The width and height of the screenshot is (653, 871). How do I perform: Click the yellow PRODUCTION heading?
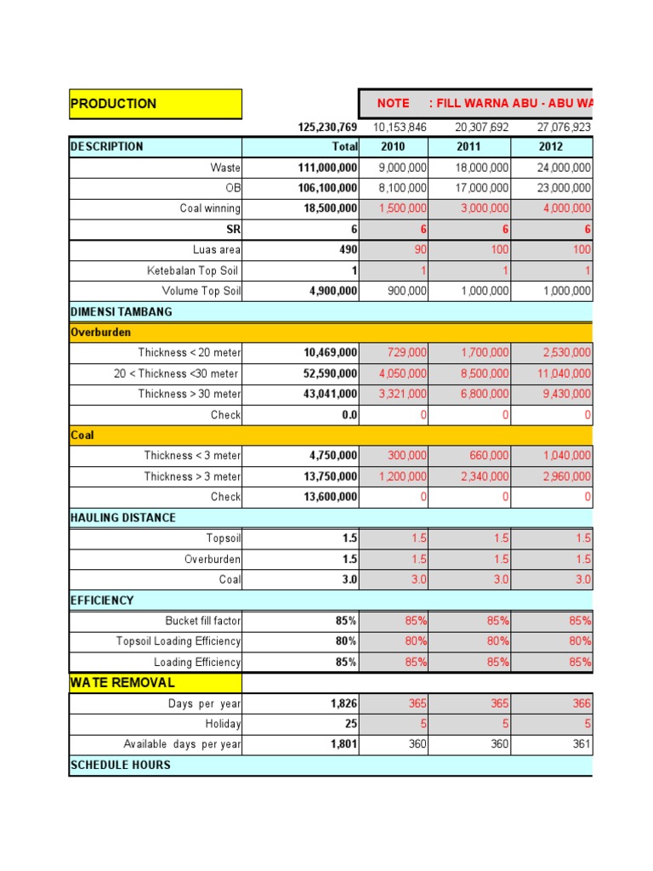click(114, 104)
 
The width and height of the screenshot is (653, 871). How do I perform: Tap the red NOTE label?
click(393, 103)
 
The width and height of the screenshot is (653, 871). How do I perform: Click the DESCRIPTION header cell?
click(107, 146)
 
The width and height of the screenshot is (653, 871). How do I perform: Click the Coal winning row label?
click(210, 208)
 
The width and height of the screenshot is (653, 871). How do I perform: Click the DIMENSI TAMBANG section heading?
click(121, 311)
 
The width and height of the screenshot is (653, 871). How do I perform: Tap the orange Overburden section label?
click(100, 333)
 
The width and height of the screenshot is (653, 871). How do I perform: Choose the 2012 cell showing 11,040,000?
click(565, 373)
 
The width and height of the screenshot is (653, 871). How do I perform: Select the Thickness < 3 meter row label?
click(192, 456)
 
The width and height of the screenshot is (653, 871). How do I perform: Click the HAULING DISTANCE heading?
click(123, 517)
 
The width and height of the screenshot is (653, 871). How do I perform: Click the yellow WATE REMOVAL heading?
click(122, 682)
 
